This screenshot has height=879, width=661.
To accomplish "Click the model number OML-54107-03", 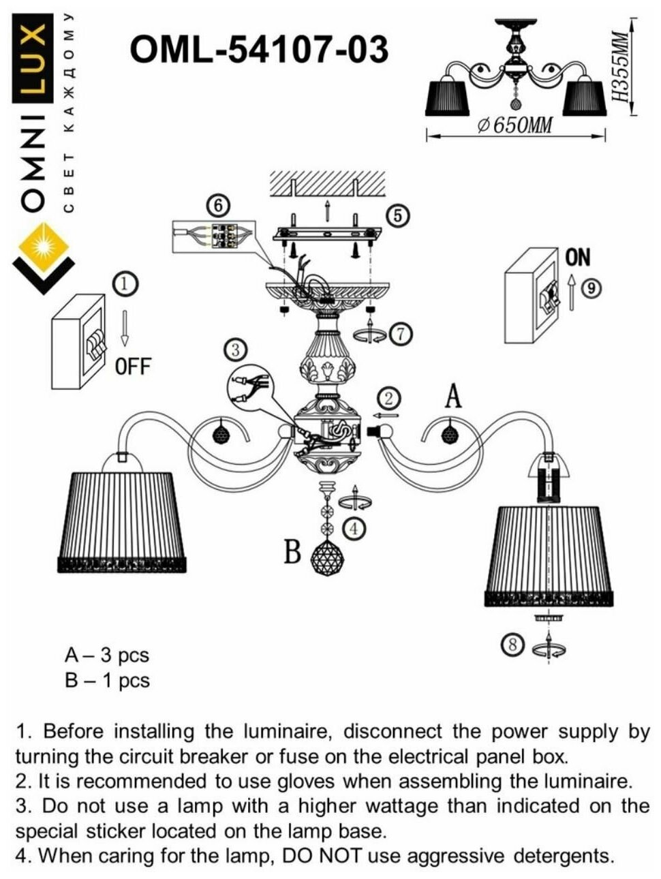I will pyautogui.click(x=259, y=50).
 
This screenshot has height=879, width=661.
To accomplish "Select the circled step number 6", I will pyautogui.click(x=218, y=205).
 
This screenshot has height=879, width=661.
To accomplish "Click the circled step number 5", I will pyautogui.click(x=398, y=215).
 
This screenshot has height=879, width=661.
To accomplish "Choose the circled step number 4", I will pyautogui.click(x=355, y=527).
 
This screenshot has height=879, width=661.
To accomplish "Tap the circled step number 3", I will pyautogui.click(x=235, y=350).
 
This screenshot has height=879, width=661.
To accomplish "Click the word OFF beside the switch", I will pyautogui.click(x=132, y=367).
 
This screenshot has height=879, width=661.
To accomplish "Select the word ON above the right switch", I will pyautogui.click(x=578, y=257).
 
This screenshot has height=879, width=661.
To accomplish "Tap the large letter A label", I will pyautogui.click(x=452, y=397).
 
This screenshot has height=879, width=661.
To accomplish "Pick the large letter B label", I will pyautogui.click(x=292, y=552).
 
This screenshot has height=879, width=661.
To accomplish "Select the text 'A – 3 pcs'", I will pyautogui.click(x=106, y=656).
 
